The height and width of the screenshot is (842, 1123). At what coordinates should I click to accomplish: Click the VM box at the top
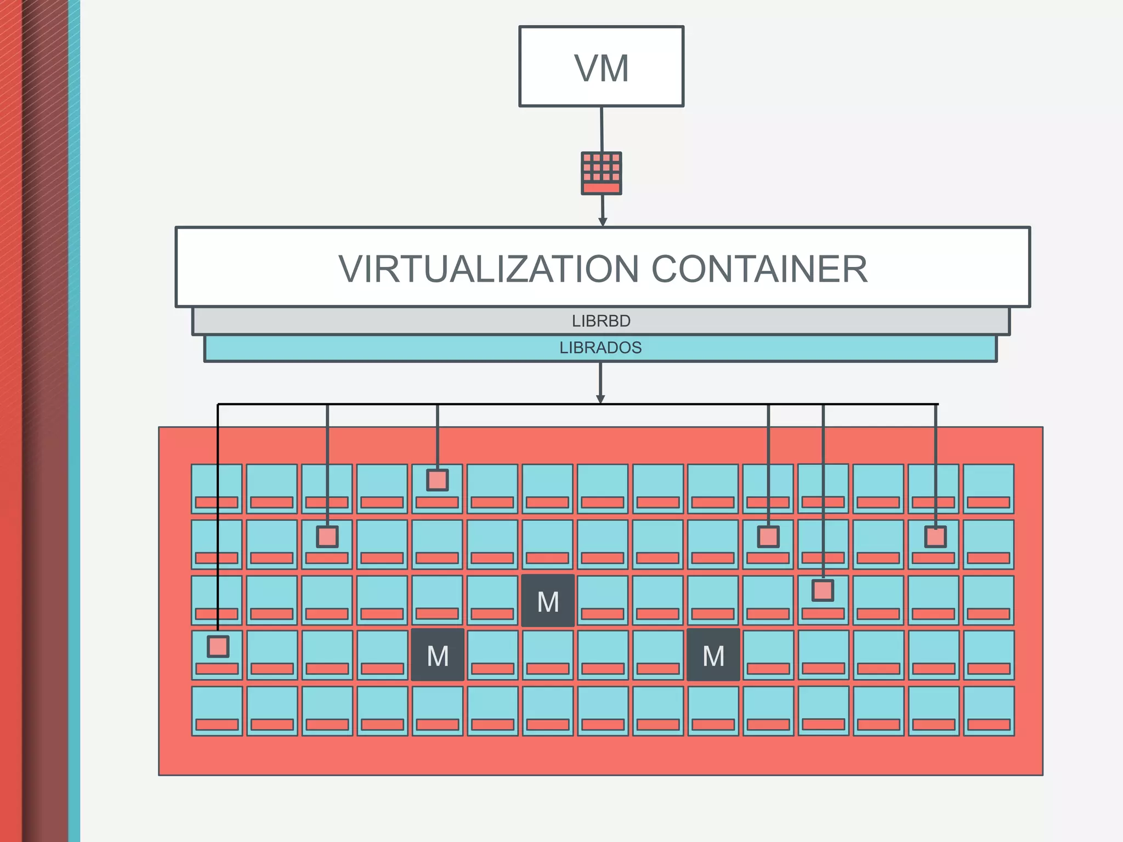click(x=601, y=66)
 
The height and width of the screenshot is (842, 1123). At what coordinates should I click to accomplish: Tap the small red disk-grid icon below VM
click(x=602, y=173)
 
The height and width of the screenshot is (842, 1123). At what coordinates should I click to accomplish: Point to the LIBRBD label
click(x=601, y=321)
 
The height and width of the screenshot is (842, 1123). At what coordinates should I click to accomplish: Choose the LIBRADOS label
click(x=600, y=348)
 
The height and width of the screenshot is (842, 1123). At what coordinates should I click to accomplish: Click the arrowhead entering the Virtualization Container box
click(x=603, y=222)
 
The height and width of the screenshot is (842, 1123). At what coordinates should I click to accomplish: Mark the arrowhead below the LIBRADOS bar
click(x=600, y=399)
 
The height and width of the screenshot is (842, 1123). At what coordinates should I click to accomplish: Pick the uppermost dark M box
click(x=548, y=601)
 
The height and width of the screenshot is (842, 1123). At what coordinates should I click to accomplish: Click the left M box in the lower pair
click(x=438, y=655)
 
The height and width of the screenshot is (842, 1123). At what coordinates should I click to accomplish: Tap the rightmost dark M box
click(x=713, y=655)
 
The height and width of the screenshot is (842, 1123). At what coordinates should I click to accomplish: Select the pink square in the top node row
click(x=438, y=480)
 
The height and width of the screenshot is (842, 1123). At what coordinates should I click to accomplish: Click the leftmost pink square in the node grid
click(x=218, y=647)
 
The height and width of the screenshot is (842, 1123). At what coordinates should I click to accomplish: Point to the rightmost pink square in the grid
click(x=935, y=537)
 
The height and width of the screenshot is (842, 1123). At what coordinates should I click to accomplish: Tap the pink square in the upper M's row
click(x=823, y=590)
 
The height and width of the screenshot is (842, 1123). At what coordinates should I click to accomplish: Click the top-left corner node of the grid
click(x=217, y=488)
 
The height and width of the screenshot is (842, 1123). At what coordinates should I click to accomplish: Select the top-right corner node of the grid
click(x=988, y=488)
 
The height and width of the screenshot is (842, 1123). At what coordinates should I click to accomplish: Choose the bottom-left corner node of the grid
click(x=217, y=710)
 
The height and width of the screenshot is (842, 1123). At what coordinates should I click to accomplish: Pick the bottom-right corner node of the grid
click(x=989, y=710)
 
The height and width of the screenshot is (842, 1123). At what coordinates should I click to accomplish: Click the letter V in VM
click(x=586, y=69)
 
